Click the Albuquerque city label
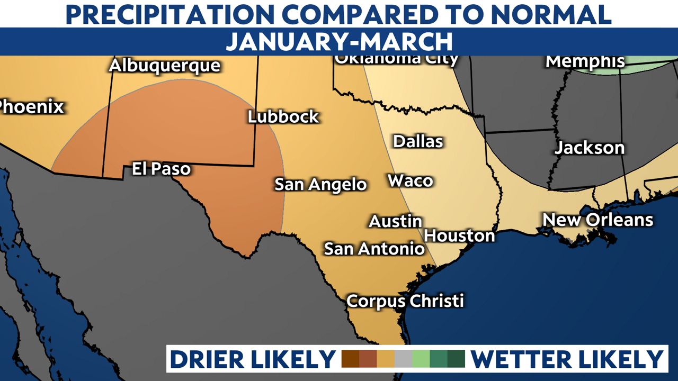tap(164, 66)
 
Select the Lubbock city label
tap(284, 117)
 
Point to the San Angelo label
tap(320, 185)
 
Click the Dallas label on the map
tap(418, 142)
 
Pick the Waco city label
tap(411, 181)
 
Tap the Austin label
tap(396, 221)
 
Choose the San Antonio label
tap(374, 248)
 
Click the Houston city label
tap(460, 235)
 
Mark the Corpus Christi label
tap(405, 301)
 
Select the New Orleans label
tap(598, 220)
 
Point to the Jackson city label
tap(590, 148)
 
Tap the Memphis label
tap(585, 61)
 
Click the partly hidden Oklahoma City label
tap(396, 59)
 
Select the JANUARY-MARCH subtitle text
tap(339, 41)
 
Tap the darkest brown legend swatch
tap(351, 359)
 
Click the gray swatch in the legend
tap(403, 359)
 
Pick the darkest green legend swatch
tap(456, 359)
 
